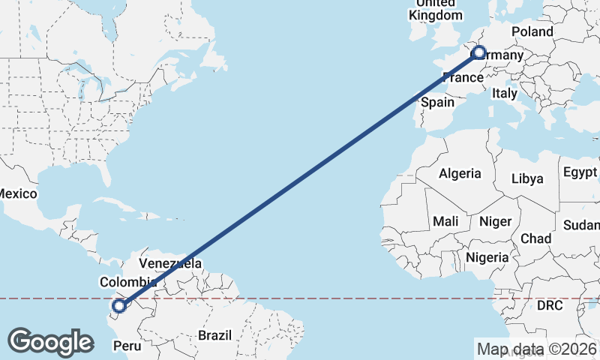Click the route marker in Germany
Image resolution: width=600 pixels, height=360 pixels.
[478, 54]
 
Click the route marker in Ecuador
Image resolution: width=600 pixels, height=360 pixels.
[118, 305]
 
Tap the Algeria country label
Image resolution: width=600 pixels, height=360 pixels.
[460, 173]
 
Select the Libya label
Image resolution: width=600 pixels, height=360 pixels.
[526, 178]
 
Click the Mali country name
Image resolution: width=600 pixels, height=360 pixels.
[445, 221]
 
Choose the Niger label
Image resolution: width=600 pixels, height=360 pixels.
[494, 221]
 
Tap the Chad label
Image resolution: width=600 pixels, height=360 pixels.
[535, 238]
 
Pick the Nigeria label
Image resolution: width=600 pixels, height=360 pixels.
[487, 257]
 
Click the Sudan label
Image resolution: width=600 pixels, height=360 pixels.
[582, 225]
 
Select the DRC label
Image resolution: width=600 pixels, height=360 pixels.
[550, 306]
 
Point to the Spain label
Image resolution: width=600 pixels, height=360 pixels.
[438, 102]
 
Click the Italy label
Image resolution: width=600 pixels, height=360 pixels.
[505, 94]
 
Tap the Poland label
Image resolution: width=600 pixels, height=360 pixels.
[532, 31]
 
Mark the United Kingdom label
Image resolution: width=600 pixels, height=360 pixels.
[436, 10]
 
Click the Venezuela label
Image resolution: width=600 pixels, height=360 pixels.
[170, 264]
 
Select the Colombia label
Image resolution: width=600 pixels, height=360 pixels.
[127, 282]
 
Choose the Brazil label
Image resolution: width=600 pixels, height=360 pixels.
[215, 334]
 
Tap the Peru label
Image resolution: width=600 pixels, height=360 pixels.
[126, 346]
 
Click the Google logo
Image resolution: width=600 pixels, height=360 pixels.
[50, 342]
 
